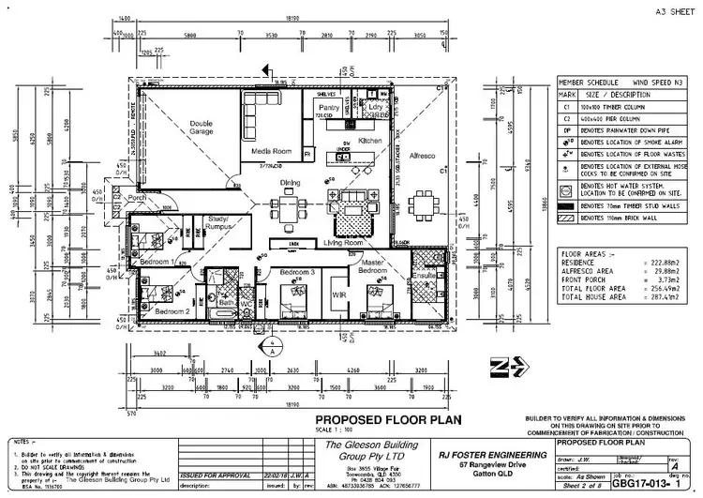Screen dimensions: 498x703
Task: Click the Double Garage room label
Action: point(201,128)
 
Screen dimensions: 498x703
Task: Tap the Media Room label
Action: point(268,149)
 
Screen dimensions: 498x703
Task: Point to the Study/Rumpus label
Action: point(222,222)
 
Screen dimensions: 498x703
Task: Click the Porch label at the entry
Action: point(137,198)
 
